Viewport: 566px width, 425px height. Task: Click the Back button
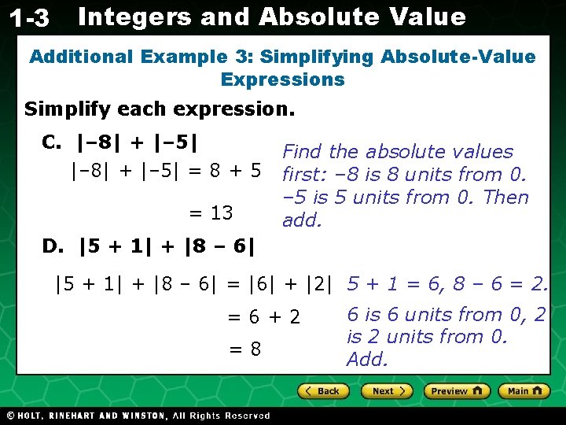pyautogui.click(x=323, y=391)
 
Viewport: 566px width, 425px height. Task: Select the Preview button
pyautogui.click(x=457, y=391)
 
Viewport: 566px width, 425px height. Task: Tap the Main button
pyautogui.click(x=524, y=391)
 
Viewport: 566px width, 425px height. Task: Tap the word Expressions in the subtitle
pyautogui.click(x=283, y=79)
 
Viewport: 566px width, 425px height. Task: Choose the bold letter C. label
pyautogui.click(x=51, y=142)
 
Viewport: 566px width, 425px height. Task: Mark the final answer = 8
pyautogui.click(x=244, y=349)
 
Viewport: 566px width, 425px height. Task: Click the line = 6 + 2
pyautogui.click(x=264, y=317)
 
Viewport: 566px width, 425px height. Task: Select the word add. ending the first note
pyautogui.click(x=302, y=220)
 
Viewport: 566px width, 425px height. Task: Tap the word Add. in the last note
pyautogui.click(x=367, y=360)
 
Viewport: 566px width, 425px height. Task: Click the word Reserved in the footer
pyautogui.click(x=247, y=416)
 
